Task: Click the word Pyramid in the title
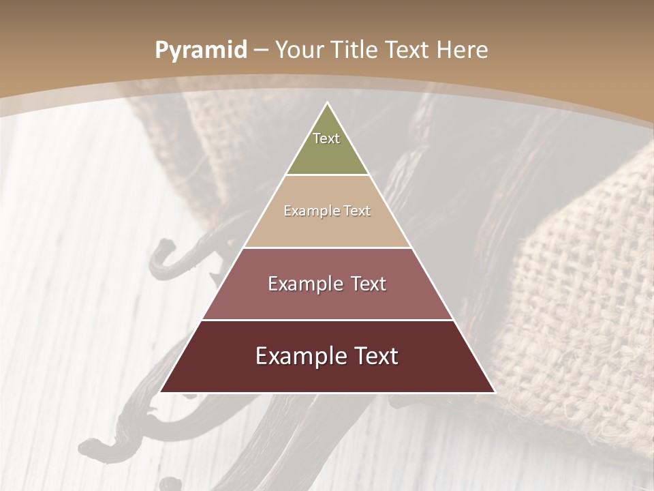point(200,50)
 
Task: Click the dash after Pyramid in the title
point(261,50)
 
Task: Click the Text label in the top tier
point(326,138)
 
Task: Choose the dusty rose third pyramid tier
point(327,300)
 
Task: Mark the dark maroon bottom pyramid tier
point(327,375)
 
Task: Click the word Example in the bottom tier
point(299,356)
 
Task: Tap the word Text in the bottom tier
point(375,356)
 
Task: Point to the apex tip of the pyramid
point(327,104)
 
